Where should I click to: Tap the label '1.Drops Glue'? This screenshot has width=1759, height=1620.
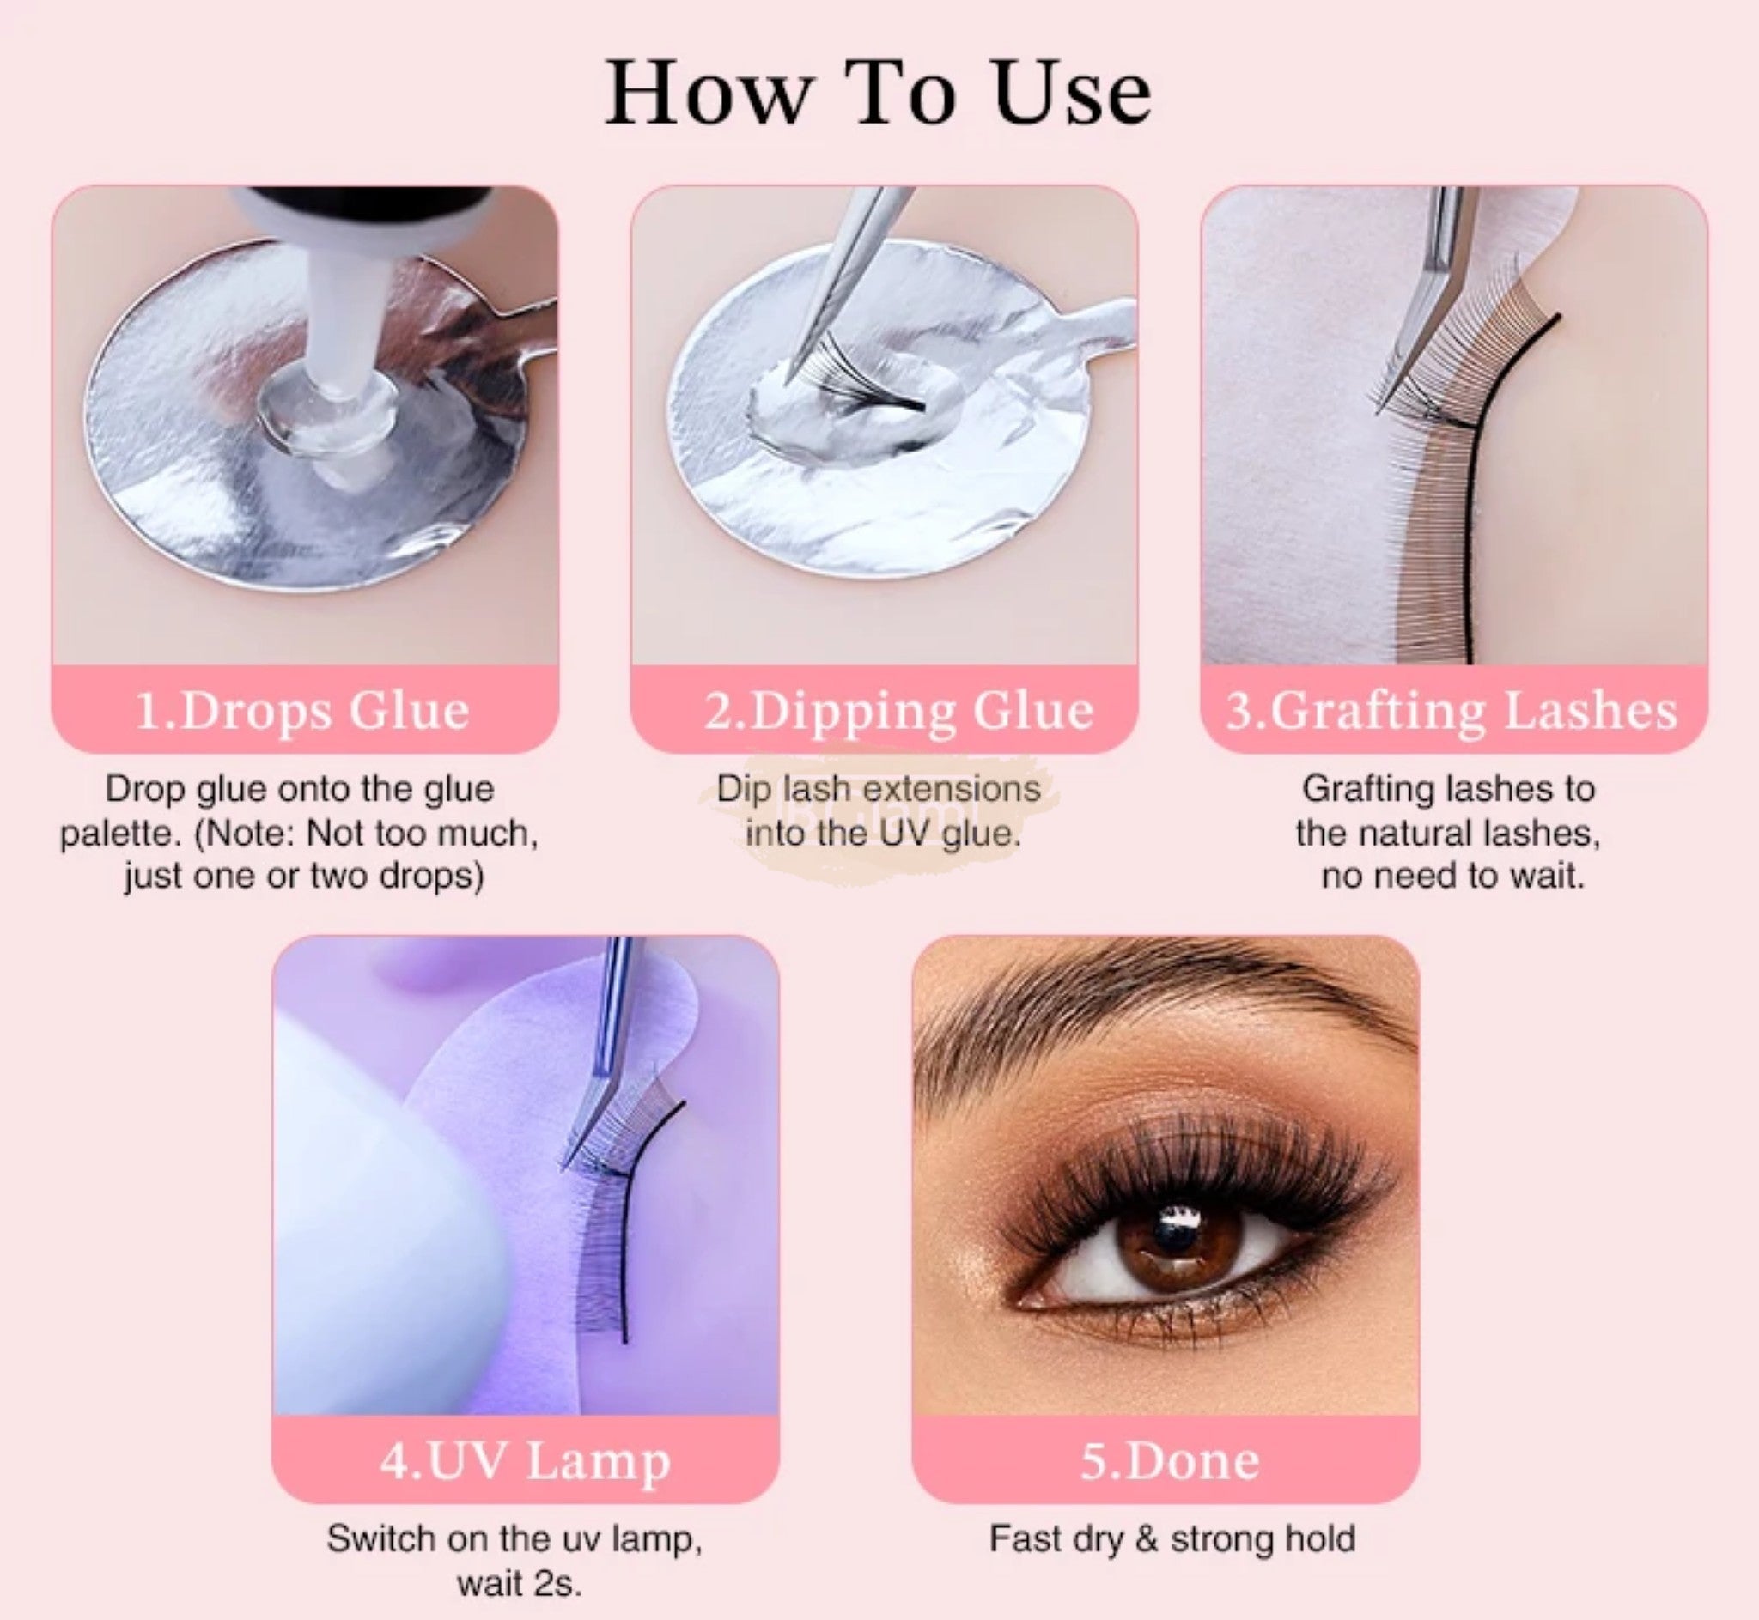pos(303,710)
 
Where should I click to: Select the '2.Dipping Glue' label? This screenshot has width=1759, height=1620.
pos(898,711)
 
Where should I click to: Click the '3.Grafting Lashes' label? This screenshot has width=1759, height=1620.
pos(1452,711)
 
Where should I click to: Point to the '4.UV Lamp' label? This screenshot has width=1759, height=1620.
pos(526,1460)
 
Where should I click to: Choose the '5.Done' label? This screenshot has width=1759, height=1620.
pos(1169,1460)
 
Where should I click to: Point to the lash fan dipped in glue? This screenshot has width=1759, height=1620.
pos(864,385)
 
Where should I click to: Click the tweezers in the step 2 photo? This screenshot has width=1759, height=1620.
pos(837,281)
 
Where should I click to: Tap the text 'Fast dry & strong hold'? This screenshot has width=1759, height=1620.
pos(1172,1540)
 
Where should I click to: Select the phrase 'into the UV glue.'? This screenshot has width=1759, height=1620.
pos(883,833)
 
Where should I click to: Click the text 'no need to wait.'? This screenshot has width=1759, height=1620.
pos(1453,876)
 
